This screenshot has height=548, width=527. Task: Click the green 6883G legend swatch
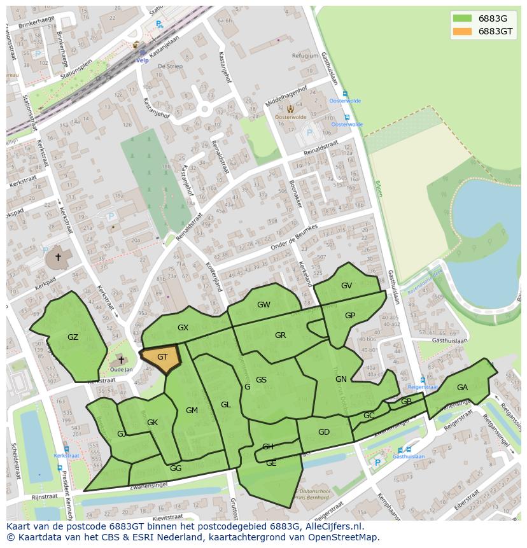click(x=462, y=18)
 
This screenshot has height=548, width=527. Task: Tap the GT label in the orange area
click(x=162, y=357)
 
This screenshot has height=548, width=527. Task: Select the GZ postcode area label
click(x=73, y=337)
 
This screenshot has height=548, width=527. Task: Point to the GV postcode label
click(x=346, y=286)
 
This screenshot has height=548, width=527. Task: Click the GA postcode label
click(x=462, y=388)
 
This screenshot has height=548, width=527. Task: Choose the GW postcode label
click(x=263, y=305)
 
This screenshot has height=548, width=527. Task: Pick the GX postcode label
click(x=183, y=328)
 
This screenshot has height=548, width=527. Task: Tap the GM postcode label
click(x=192, y=411)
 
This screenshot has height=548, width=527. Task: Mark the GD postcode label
click(x=324, y=432)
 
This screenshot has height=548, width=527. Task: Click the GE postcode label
click(x=271, y=463)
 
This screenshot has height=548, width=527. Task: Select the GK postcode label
click(x=152, y=423)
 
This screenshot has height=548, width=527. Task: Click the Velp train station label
click(x=142, y=60)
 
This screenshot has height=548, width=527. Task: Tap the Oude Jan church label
click(x=121, y=370)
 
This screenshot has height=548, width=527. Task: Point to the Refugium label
click(x=304, y=56)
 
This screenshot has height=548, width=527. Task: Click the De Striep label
click(x=170, y=66)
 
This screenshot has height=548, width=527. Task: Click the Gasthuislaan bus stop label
click(x=409, y=456)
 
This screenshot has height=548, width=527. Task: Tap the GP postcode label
click(x=349, y=316)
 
